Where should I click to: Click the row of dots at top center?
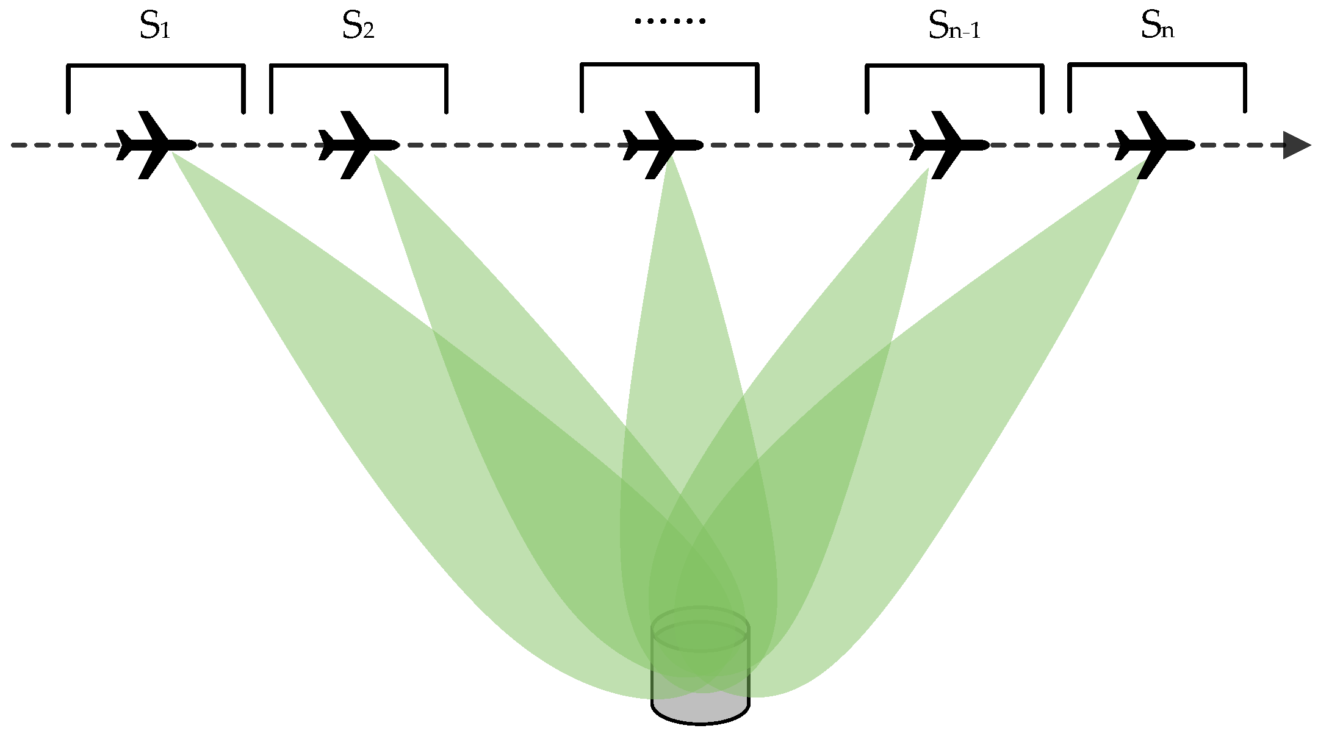[x=670, y=21]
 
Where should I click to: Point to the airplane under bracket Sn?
[x=1152, y=145]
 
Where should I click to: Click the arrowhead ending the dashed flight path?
[x=1296, y=145]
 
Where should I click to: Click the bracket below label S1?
[x=156, y=66]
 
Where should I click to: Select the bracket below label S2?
[x=359, y=66]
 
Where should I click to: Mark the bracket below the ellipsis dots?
[x=669, y=65]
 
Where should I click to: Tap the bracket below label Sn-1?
[x=954, y=66]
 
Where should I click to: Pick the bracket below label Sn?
[x=1157, y=65]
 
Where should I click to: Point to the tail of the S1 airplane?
[x=122, y=145]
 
